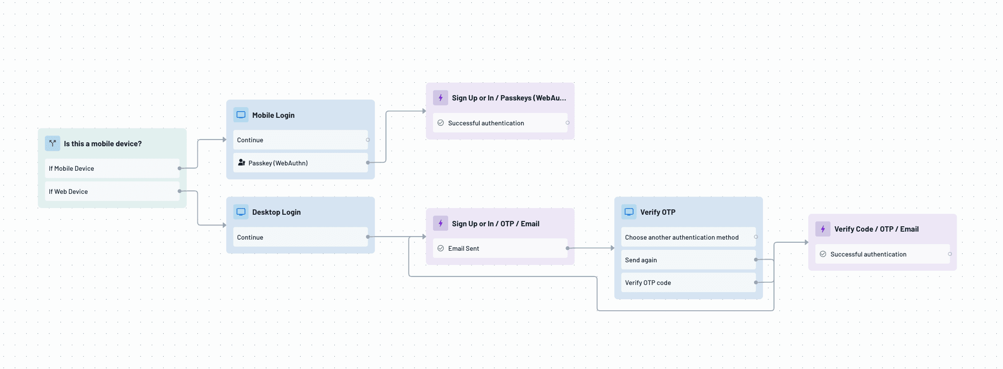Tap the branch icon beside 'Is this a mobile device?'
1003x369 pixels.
tap(52, 144)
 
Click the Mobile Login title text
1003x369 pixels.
tap(273, 115)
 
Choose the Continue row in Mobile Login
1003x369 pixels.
tap(300, 140)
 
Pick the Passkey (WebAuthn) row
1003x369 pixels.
tap(300, 163)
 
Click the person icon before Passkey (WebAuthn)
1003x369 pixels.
tap(241, 163)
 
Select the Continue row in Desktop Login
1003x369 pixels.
tap(300, 237)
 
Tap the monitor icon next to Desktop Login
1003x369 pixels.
tap(241, 212)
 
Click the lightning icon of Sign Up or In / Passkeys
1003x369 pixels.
tap(441, 98)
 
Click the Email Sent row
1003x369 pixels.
tap(500, 249)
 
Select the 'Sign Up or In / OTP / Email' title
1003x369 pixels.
tap(495, 224)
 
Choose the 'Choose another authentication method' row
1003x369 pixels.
tap(688, 237)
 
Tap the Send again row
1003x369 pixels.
tap(688, 260)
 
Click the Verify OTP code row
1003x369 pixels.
tap(688, 283)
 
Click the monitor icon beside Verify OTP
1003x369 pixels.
tap(629, 212)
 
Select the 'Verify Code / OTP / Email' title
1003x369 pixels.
tap(876, 229)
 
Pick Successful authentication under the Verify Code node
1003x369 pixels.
tap(882, 254)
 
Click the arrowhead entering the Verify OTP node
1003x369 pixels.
tap(612, 248)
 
